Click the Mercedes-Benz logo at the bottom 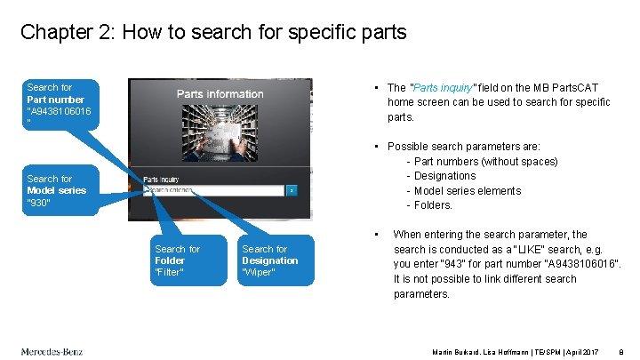(x=52, y=351)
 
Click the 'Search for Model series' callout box (x=61, y=190)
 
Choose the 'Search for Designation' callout (x=276, y=260)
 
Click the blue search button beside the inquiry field (x=292, y=190)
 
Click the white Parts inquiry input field (x=213, y=190)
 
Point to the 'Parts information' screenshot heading (x=220, y=93)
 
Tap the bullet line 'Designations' (x=444, y=176)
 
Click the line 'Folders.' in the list (x=433, y=205)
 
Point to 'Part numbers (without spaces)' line (x=485, y=161)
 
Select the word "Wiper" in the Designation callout (x=259, y=273)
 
